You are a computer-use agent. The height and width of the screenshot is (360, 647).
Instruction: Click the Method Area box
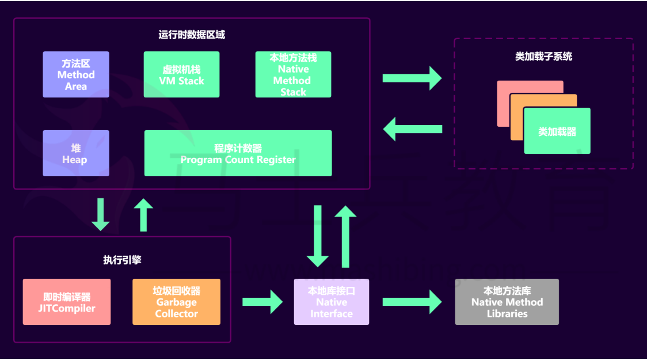coord(76,74)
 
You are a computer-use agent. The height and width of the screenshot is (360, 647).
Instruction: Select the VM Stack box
coord(181,74)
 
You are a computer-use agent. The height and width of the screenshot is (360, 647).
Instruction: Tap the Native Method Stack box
coord(293,74)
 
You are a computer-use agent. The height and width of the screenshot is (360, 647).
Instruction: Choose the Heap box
coord(76,153)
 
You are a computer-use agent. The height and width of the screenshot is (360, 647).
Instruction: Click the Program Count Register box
coord(238,153)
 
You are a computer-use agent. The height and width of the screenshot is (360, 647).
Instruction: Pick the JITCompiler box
coord(67,302)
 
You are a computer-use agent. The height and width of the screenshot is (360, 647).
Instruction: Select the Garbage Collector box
coord(176,302)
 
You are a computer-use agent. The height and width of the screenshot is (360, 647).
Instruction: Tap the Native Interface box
coord(332,302)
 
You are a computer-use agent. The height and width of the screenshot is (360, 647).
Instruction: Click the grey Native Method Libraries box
coord(507,302)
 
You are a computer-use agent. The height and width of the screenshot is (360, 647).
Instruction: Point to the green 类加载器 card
coord(557,131)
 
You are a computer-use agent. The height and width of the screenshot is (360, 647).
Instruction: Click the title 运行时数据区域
coord(192,35)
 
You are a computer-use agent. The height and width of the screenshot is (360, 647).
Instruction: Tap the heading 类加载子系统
coord(543,56)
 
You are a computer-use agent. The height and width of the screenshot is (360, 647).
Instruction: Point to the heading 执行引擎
coord(122,260)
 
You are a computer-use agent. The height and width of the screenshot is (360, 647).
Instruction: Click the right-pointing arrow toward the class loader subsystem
coord(412,78)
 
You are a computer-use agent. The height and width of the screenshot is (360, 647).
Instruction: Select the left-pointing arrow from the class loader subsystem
coord(413,129)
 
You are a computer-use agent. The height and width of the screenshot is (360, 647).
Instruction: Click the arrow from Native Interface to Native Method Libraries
coord(412,302)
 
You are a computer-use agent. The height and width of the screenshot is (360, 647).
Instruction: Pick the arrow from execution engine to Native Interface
coord(262,302)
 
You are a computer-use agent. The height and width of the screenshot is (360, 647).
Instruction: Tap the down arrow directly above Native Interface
coord(318,236)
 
